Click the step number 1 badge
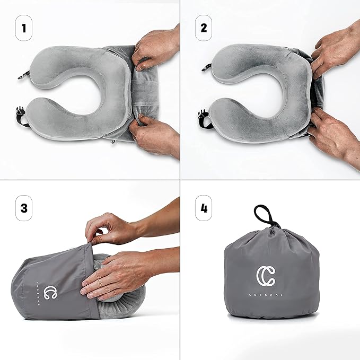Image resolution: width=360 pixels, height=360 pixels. (22, 27)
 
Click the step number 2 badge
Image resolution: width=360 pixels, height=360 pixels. (204, 27)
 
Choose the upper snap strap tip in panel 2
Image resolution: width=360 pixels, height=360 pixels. (206, 67)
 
